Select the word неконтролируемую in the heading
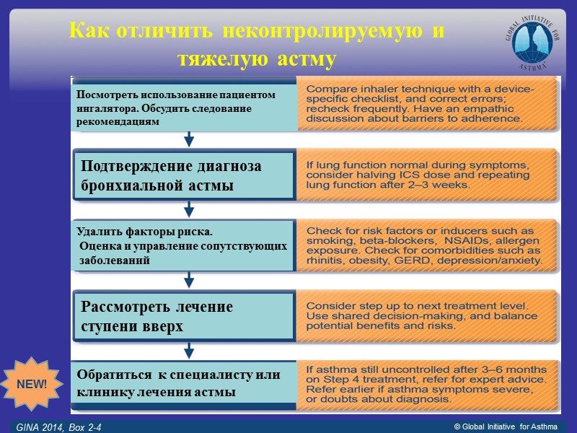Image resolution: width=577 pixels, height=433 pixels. [x=323, y=32]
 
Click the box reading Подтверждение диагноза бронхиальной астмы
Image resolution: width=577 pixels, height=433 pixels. [x=185, y=175]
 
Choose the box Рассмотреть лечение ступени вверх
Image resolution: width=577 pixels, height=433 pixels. [x=185, y=316]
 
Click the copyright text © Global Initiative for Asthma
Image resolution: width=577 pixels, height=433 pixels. [x=505, y=428]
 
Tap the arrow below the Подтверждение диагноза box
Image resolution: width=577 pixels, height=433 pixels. [x=188, y=209]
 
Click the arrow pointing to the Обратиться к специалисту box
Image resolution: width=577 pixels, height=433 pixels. [x=188, y=351]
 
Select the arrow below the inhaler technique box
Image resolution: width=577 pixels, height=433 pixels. [x=188, y=139]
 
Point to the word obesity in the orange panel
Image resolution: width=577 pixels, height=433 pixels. [x=379, y=259]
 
